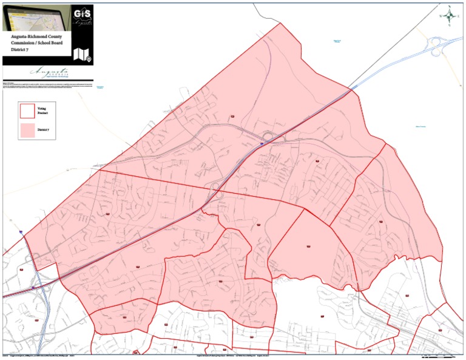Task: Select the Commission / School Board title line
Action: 36,44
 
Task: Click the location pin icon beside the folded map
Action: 89,59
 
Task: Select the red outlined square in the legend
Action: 27,110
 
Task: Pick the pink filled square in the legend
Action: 27,130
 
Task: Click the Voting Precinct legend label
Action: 41,110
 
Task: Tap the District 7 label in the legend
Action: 42,130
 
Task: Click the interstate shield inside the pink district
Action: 262,144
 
